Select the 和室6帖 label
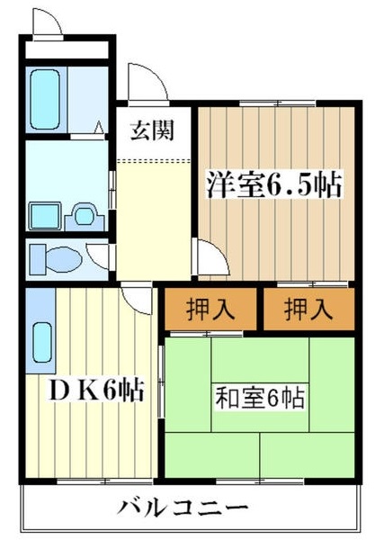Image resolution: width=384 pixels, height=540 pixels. point(258,396)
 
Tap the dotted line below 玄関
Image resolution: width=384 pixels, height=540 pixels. point(155,160)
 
